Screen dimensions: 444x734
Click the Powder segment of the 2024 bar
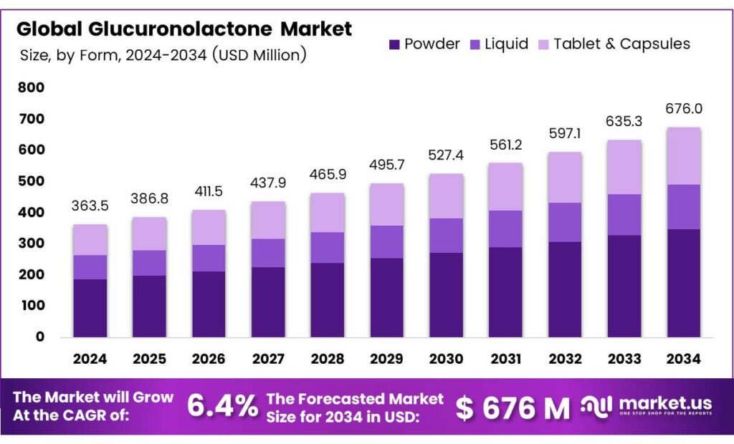coord(90,307)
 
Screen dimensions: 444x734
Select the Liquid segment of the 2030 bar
coord(446,235)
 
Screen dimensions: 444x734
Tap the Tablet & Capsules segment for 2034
coord(683,155)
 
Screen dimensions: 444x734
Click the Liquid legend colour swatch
coord(475,44)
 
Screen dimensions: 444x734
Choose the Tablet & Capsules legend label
coord(621,44)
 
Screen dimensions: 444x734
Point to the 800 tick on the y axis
coord(31,88)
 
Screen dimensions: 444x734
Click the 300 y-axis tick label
coord(31,243)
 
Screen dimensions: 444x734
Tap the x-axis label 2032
coord(564,358)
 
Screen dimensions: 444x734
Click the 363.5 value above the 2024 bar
coord(90,207)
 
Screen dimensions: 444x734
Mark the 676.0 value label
coord(683,109)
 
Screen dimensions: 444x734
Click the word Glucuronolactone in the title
coord(181,29)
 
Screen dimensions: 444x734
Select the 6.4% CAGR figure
coord(222,407)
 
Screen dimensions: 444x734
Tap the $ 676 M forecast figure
coord(513,408)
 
